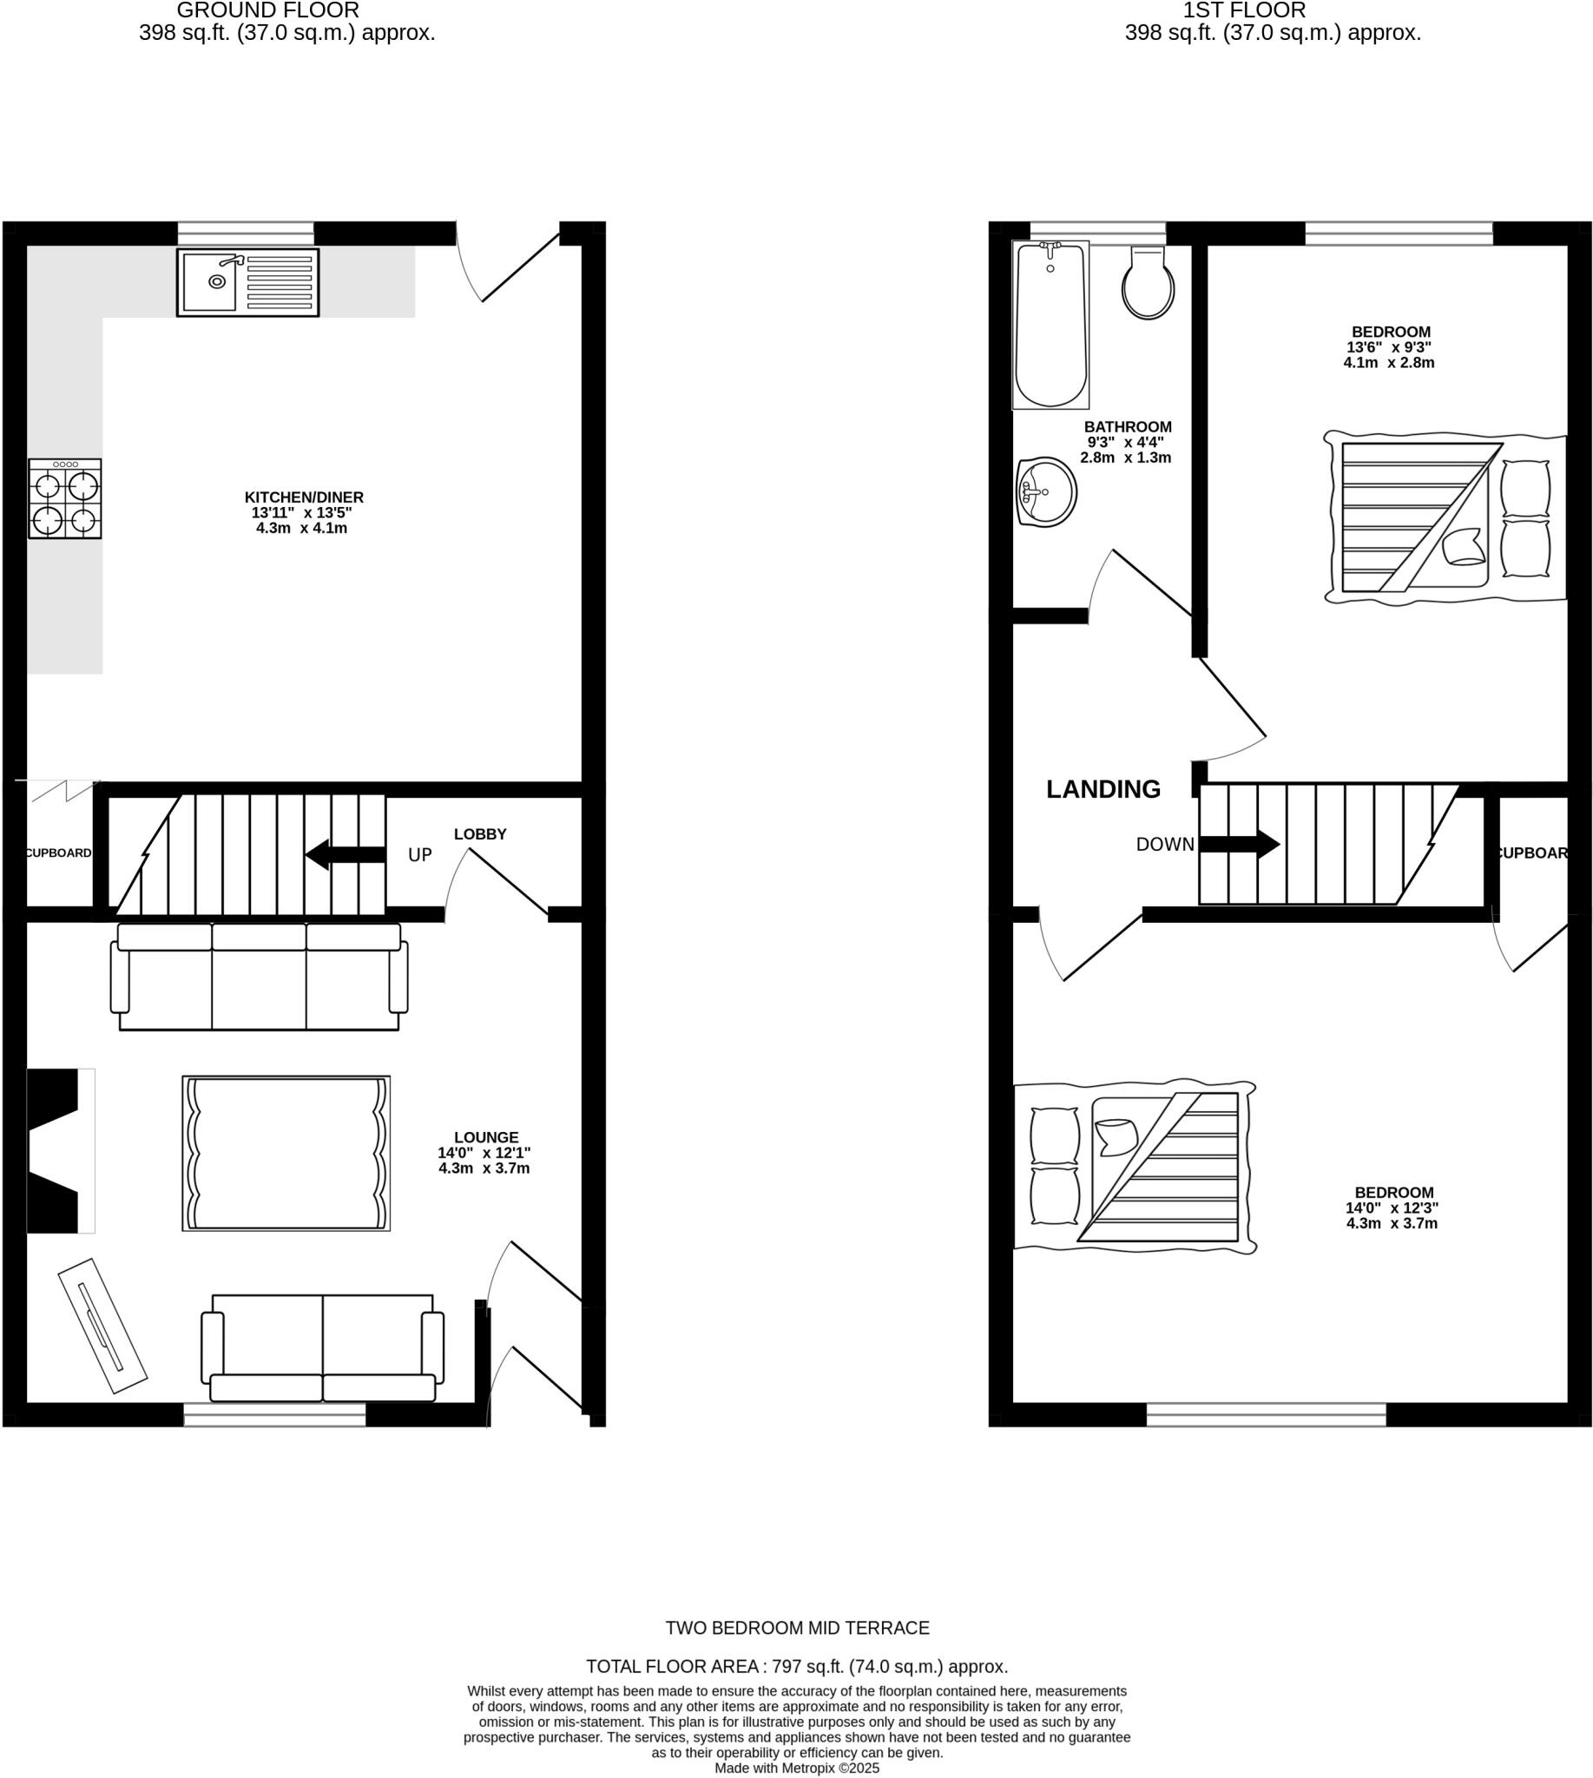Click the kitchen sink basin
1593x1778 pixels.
point(209,282)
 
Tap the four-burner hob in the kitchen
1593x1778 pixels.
point(65,499)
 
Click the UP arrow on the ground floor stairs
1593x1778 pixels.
point(346,854)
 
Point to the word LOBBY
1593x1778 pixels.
point(480,834)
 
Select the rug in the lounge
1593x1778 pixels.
point(286,1154)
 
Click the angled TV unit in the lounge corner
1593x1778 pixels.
point(102,1326)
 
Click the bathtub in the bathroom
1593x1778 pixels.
point(1050,326)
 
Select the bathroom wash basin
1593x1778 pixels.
point(1047,492)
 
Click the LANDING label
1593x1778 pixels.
point(1103,790)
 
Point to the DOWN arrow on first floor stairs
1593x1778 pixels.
point(1240,845)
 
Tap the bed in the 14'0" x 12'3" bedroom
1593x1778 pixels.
point(1136,1167)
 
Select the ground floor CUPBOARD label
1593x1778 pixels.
point(58,853)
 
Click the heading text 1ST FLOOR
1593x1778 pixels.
point(1244,11)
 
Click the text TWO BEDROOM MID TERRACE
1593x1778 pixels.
point(797,1629)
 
